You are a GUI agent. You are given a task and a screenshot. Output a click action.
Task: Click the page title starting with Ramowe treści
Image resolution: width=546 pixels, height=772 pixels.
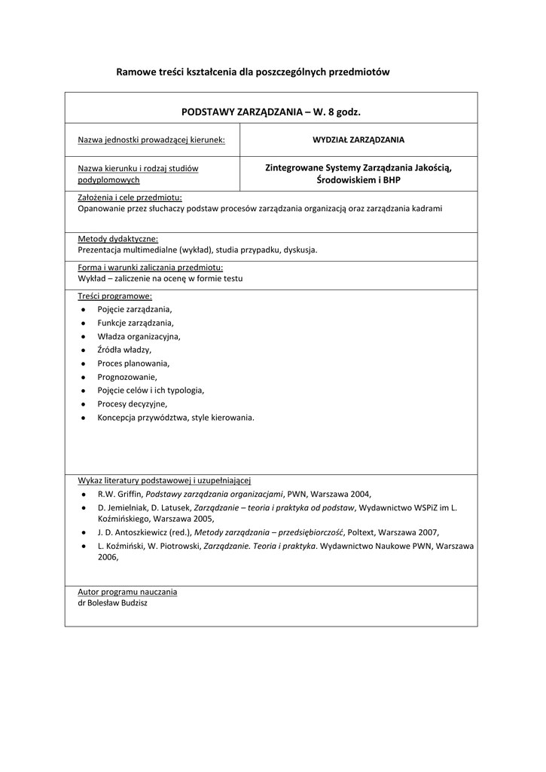click(x=252, y=72)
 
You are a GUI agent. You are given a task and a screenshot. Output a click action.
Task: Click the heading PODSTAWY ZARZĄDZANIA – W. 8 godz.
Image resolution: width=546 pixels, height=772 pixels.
click(x=271, y=112)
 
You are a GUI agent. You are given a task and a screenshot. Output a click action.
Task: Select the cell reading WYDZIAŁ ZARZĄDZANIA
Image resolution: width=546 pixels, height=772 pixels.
click(x=358, y=139)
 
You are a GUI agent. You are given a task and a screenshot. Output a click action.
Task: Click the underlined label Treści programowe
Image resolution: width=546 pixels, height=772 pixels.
click(x=114, y=296)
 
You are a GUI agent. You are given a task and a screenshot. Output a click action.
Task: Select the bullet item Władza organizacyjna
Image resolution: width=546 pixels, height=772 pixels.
click(x=139, y=336)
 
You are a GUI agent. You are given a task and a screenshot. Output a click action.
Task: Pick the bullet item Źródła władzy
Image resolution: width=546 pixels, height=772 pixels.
click(x=124, y=350)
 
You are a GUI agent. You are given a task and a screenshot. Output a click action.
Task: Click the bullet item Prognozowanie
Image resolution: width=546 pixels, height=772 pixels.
click(x=127, y=377)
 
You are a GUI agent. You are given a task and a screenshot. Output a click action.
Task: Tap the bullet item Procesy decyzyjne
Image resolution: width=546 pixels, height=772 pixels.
click(x=132, y=404)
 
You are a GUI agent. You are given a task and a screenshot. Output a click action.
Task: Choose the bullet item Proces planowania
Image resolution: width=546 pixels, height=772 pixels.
click(x=133, y=363)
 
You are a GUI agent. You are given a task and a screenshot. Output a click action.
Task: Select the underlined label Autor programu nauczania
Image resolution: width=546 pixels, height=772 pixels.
click(x=127, y=592)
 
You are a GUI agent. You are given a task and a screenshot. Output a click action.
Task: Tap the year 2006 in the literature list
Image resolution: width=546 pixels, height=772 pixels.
click(x=108, y=557)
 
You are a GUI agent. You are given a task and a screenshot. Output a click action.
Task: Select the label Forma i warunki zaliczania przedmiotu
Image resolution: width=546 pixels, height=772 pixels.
click(x=150, y=268)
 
